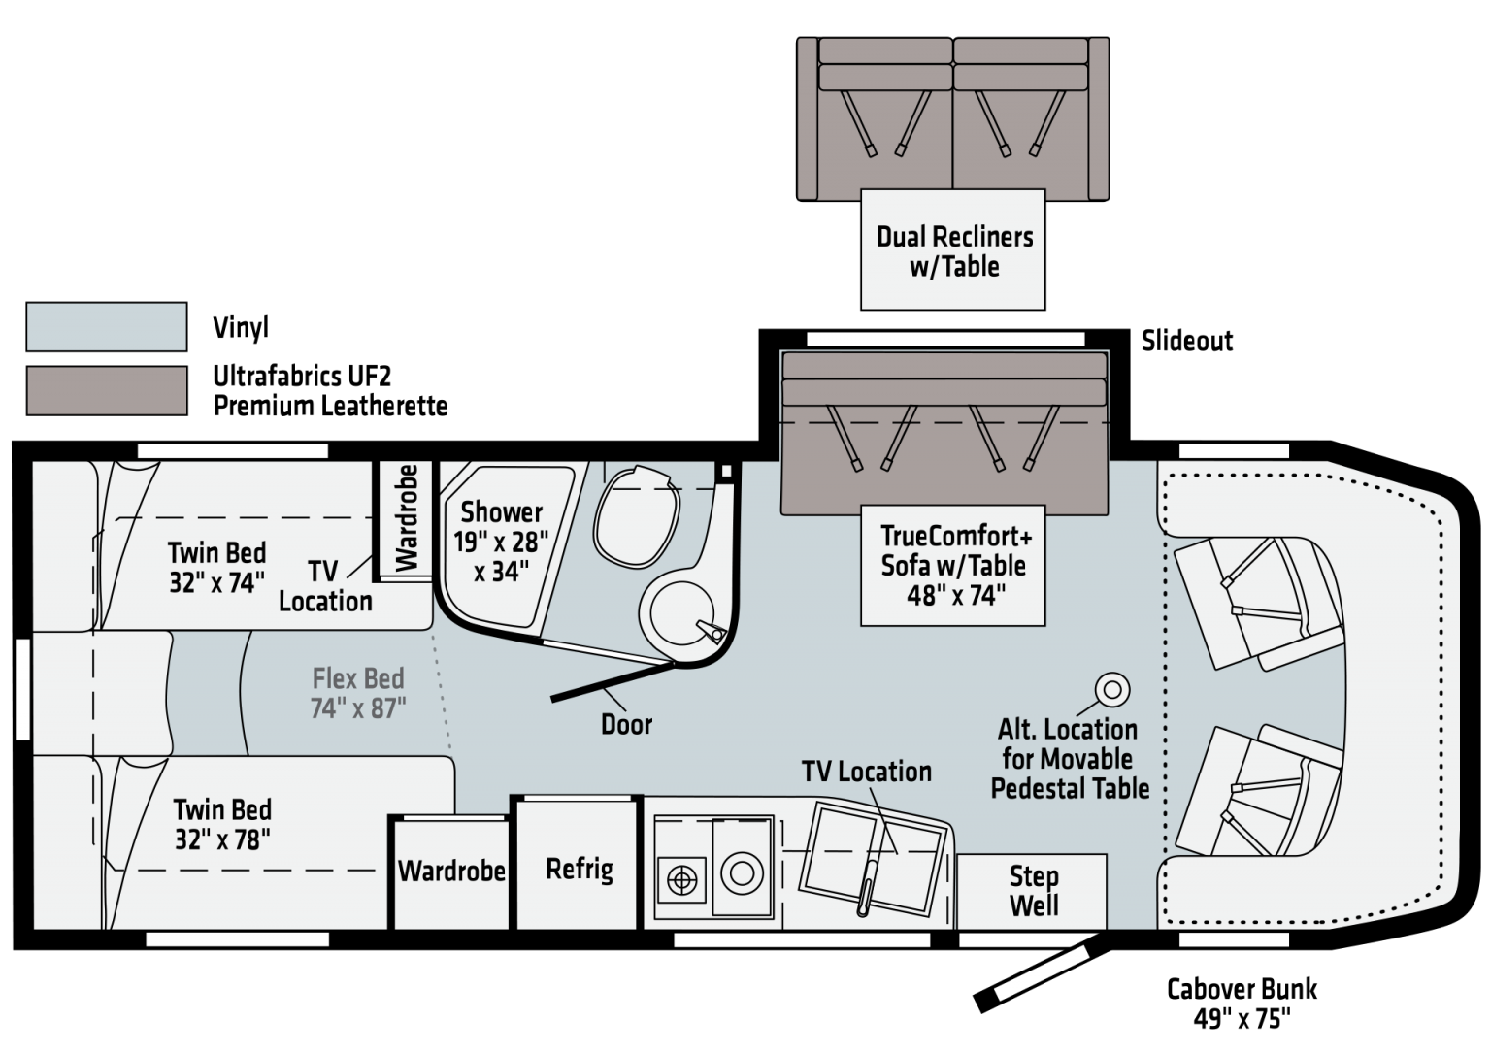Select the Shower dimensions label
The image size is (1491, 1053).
(x=501, y=542)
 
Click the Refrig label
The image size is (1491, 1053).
(x=580, y=869)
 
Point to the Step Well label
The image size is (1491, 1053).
(x=1033, y=891)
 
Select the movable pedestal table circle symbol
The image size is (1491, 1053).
(x=1112, y=689)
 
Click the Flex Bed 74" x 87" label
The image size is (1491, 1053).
(x=358, y=693)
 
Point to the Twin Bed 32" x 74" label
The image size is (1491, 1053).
(x=216, y=567)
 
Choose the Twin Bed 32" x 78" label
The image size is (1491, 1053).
(x=222, y=824)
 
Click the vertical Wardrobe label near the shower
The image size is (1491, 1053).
(x=407, y=519)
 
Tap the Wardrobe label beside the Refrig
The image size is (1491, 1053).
(x=451, y=871)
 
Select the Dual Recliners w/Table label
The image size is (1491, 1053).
(x=953, y=250)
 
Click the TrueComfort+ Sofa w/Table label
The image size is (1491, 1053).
(x=955, y=565)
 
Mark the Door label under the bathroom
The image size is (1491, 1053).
(x=626, y=724)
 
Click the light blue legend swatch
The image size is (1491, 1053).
(x=106, y=326)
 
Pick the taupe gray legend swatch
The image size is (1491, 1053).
(x=106, y=390)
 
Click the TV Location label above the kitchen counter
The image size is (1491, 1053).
(x=866, y=772)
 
